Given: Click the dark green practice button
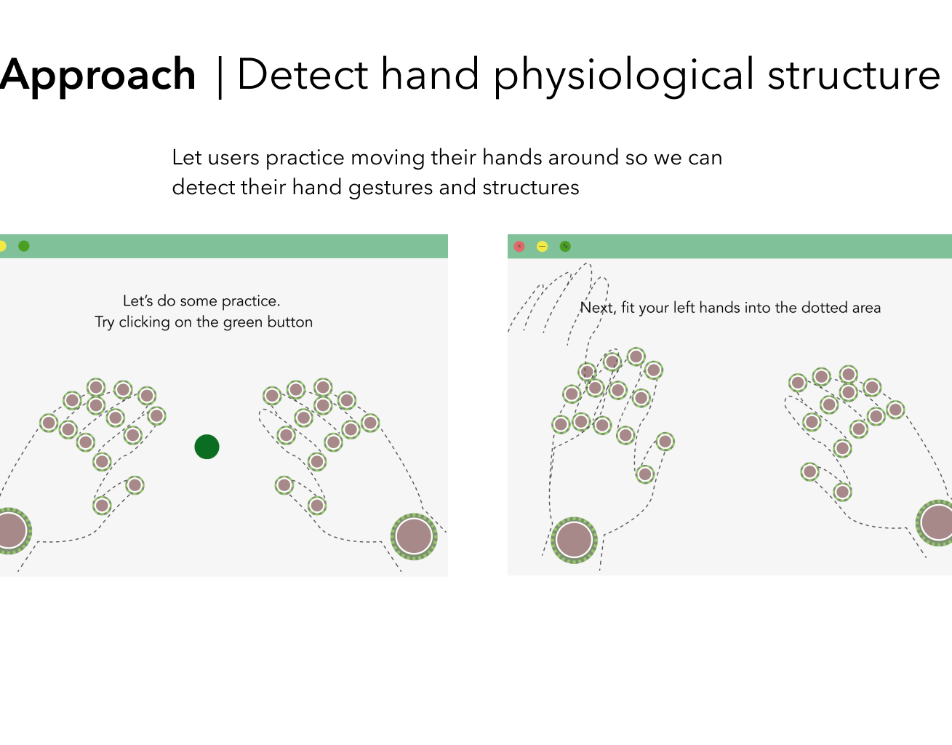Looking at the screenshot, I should click(207, 447).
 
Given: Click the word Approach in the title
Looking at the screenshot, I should click(98, 75).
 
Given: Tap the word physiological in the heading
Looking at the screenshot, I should click(624, 76).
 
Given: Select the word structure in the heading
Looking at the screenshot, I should click(854, 76).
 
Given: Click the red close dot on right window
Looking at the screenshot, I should click(519, 247).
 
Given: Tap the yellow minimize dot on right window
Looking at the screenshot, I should click(542, 247).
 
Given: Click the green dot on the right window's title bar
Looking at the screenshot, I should click(565, 247).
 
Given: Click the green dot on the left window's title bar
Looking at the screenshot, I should click(24, 246).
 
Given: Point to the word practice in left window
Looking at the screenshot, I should click(250, 301).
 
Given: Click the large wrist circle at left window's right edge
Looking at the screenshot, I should click(414, 535).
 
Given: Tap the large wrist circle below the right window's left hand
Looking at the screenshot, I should click(574, 540).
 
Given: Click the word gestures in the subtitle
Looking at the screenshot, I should click(391, 188).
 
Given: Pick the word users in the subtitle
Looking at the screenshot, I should click(233, 158).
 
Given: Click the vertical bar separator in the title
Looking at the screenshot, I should click(220, 77).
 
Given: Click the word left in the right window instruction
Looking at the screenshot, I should click(684, 308).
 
